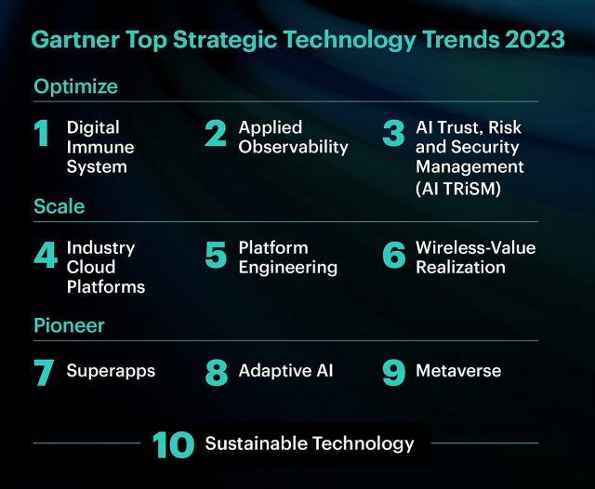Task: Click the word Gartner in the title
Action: (75, 39)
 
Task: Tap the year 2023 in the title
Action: (535, 39)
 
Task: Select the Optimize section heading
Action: (75, 87)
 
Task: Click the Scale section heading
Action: (59, 206)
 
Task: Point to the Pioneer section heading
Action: (69, 325)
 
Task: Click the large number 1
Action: (41, 133)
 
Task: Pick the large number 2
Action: (216, 133)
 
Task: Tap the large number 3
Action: (393, 133)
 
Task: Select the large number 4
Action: (46, 254)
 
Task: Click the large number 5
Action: (216, 255)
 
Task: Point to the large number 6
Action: (394, 255)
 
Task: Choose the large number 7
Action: (44, 373)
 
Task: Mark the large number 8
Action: (217, 373)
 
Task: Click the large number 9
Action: (394, 373)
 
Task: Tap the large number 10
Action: (174, 444)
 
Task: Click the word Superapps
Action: (111, 371)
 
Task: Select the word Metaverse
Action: (458, 371)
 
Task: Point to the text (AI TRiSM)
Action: (458, 188)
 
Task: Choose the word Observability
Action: (294, 147)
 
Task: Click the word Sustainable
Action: (257, 443)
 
